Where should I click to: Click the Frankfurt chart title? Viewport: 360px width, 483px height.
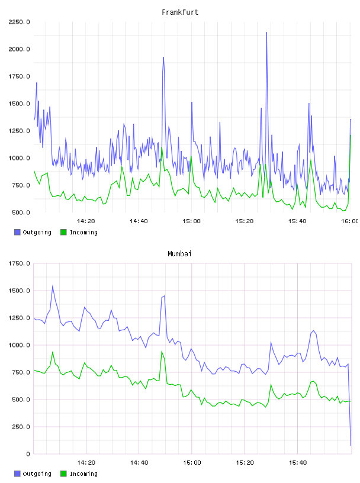180,12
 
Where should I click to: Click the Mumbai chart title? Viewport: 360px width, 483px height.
179,254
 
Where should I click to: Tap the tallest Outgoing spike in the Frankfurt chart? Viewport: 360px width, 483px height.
266,33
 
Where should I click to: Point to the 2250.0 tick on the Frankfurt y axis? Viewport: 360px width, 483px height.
19,22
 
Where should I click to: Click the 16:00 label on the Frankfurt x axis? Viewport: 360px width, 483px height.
350,221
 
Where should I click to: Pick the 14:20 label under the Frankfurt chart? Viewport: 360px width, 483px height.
86,221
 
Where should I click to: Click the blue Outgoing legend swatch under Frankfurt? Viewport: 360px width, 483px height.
17,232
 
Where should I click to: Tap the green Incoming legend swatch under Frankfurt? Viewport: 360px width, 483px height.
63,232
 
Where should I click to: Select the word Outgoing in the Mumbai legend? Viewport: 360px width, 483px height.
37,474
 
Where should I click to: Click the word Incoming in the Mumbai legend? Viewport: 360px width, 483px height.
83,474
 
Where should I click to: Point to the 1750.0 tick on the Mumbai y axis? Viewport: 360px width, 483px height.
19,263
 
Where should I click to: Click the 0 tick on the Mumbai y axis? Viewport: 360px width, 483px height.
28,454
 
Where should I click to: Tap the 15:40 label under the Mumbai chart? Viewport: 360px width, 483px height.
298,463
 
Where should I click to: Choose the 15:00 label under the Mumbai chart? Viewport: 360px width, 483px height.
192,463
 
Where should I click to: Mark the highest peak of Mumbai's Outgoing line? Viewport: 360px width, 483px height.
53,286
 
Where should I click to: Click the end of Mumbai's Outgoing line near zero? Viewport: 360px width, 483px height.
351,446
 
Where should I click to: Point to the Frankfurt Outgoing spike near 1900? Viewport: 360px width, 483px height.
163,57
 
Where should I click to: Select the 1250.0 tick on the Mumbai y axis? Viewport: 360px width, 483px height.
19,318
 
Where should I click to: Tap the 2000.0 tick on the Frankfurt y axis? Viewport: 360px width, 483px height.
19,49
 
